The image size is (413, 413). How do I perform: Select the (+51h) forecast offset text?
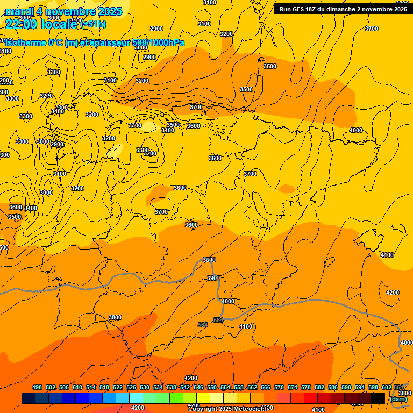click(x=93, y=24)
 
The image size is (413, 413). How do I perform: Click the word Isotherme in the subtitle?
click(x=25, y=43)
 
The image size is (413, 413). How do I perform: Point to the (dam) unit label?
click(x=397, y=399)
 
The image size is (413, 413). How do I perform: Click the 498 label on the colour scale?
click(x=37, y=387)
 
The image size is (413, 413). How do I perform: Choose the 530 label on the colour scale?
click(x=145, y=387)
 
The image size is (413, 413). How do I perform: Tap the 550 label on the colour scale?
click(x=212, y=387)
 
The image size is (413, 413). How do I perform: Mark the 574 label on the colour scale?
click(x=293, y=387)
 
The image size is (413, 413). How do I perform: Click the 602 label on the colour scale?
click(x=387, y=387)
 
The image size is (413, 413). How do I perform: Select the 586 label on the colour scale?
click(x=333, y=387)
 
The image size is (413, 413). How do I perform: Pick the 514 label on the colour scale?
click(x=91, y=387)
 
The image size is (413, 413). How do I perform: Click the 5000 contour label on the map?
click(x=43, y=141)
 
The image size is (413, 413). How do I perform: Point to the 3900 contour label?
click(x=213, y=278)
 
